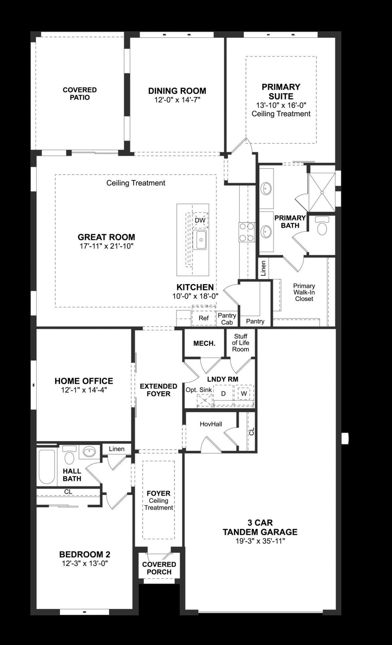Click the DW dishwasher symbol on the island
click(x=200, y=220)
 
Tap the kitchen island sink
click(x=201, y=240)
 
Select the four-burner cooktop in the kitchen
click(x=247, y=232)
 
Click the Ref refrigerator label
click(x=203, y=318)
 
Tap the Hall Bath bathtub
click(x=47, y=467)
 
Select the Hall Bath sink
click(x=89, y=451)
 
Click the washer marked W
click(x=244, y=394)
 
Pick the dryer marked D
click(x=223, y=394)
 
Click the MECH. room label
click(x=204, y=343)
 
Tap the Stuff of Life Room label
click(x=240, y=343)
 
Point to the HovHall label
click(x=211, y=424)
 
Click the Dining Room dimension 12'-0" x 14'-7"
click(x=177, y=99)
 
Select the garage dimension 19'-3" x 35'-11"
click(x=260, y=541)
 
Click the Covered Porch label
click(x=159, y=568)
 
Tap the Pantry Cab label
click(x=227, y=319)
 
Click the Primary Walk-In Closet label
click(x=304, y=292)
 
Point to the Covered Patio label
click(x=80, y=94)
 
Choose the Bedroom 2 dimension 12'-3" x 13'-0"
click(x=85, y=563)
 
